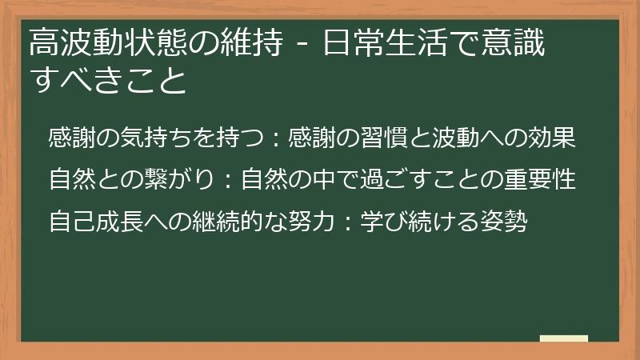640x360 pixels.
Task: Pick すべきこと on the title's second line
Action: point(107,81)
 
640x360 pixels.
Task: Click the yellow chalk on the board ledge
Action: point(563,338)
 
